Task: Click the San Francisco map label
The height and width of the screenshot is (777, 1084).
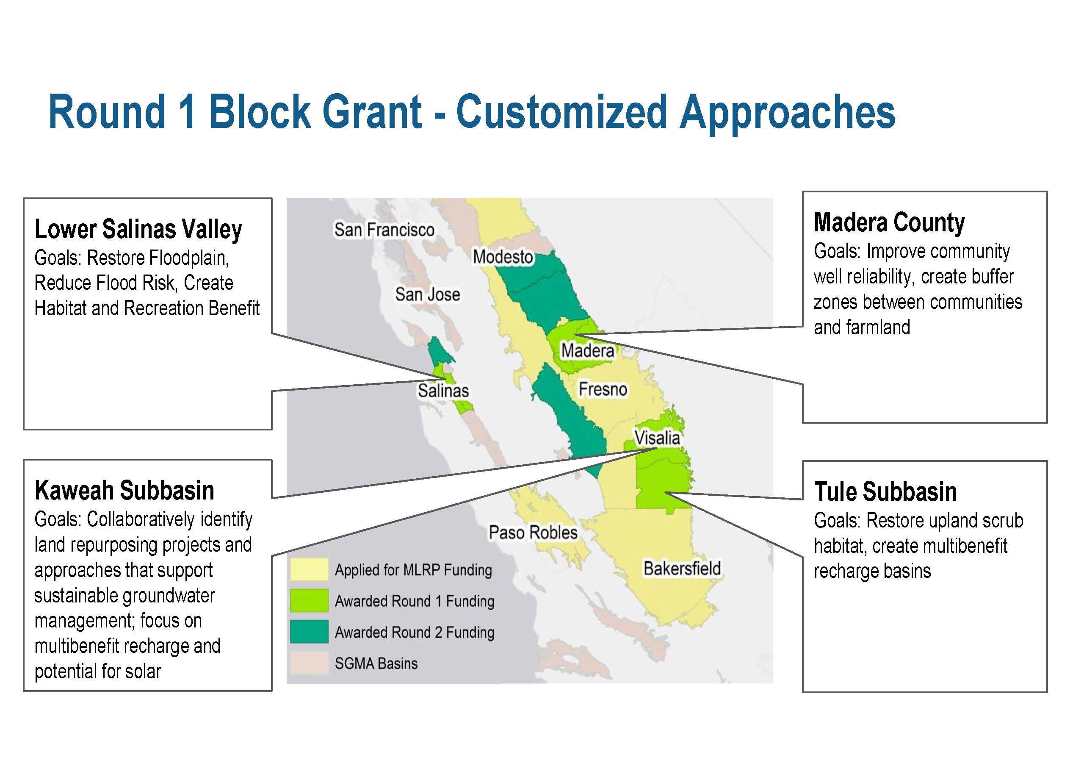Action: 384,230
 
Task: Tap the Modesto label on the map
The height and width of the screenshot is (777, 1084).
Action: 503,257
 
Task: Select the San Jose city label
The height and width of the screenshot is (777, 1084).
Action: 427,294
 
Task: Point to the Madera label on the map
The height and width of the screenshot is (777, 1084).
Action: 587,351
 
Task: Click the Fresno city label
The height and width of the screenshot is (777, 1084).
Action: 603,390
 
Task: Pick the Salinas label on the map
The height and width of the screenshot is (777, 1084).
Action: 443,391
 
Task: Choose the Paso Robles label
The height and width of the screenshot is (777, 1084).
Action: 533,533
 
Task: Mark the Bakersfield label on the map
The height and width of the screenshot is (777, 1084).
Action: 682,569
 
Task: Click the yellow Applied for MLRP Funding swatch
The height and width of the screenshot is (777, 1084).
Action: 309,569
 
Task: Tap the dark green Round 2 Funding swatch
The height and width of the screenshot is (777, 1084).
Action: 309,632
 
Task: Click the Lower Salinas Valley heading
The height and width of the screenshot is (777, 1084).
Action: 138,229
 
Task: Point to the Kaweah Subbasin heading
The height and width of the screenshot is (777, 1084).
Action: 124,491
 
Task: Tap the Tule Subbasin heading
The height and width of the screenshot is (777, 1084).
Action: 885,491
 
